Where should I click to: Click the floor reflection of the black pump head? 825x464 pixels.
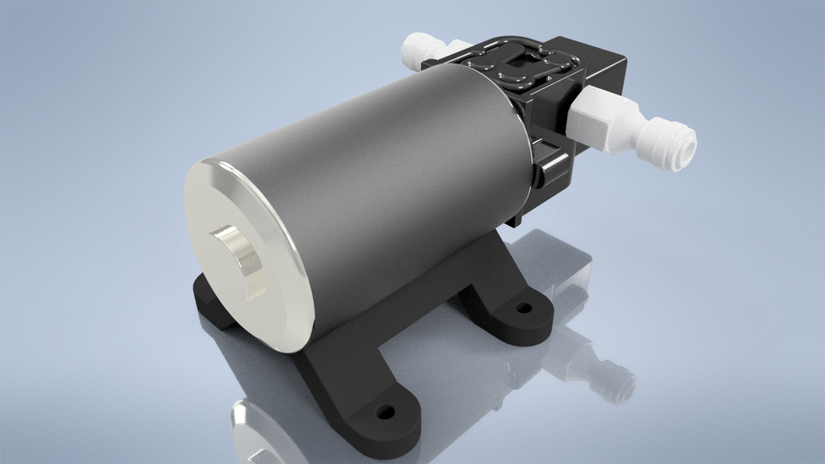559,266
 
